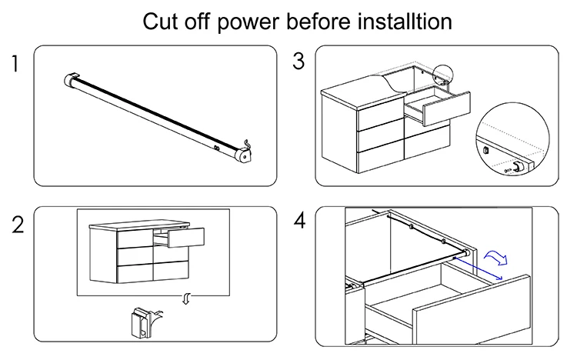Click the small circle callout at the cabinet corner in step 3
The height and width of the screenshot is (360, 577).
[441, 75]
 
